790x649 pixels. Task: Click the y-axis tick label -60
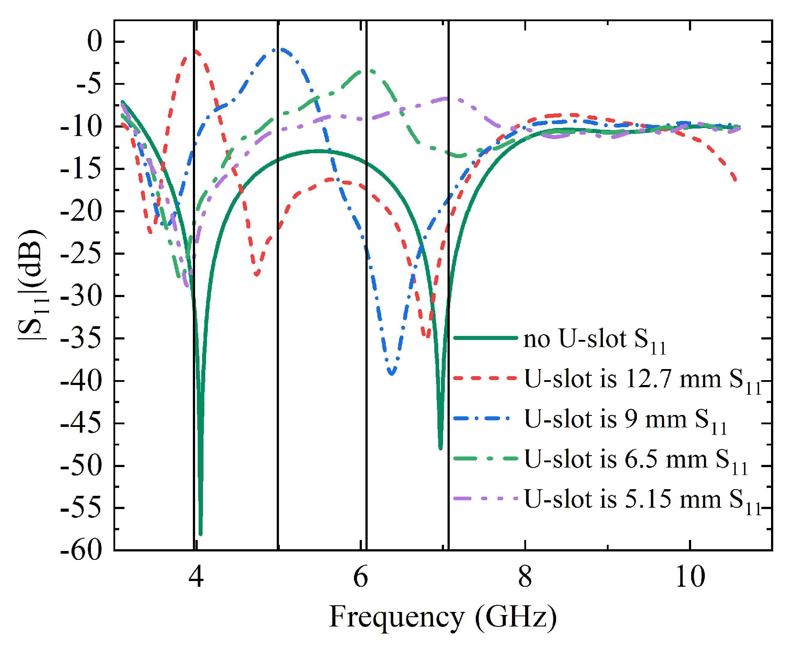(82, 551)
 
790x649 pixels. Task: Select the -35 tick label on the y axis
(82, 339)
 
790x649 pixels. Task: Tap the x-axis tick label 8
(525, 577)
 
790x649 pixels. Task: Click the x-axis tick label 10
(690, 577)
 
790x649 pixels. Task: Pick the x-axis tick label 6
(361, 577)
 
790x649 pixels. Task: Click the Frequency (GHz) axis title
(443, 617)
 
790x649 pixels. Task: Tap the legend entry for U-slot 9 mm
(624, 420)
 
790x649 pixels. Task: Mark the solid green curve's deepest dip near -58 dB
(200, 534)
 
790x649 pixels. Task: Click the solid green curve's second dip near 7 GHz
(440, 448)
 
